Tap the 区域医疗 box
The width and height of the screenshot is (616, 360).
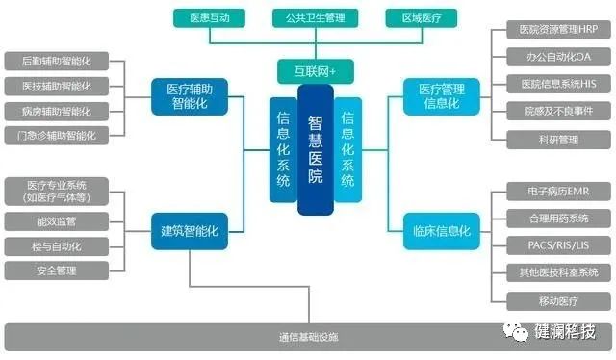[421, 17]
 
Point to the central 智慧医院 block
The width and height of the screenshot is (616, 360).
[316, 150]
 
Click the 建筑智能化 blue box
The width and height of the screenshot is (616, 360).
[191, 231]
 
